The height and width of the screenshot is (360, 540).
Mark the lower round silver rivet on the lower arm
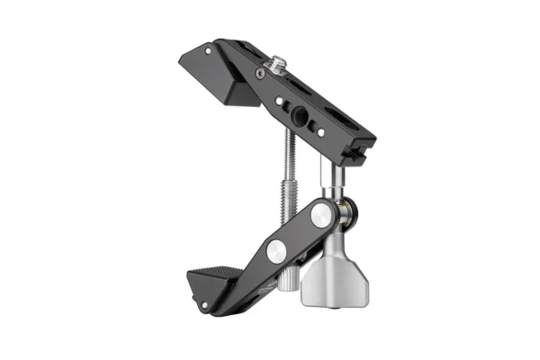point(275,255)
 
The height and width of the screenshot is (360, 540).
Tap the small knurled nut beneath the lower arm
point(286,283)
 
